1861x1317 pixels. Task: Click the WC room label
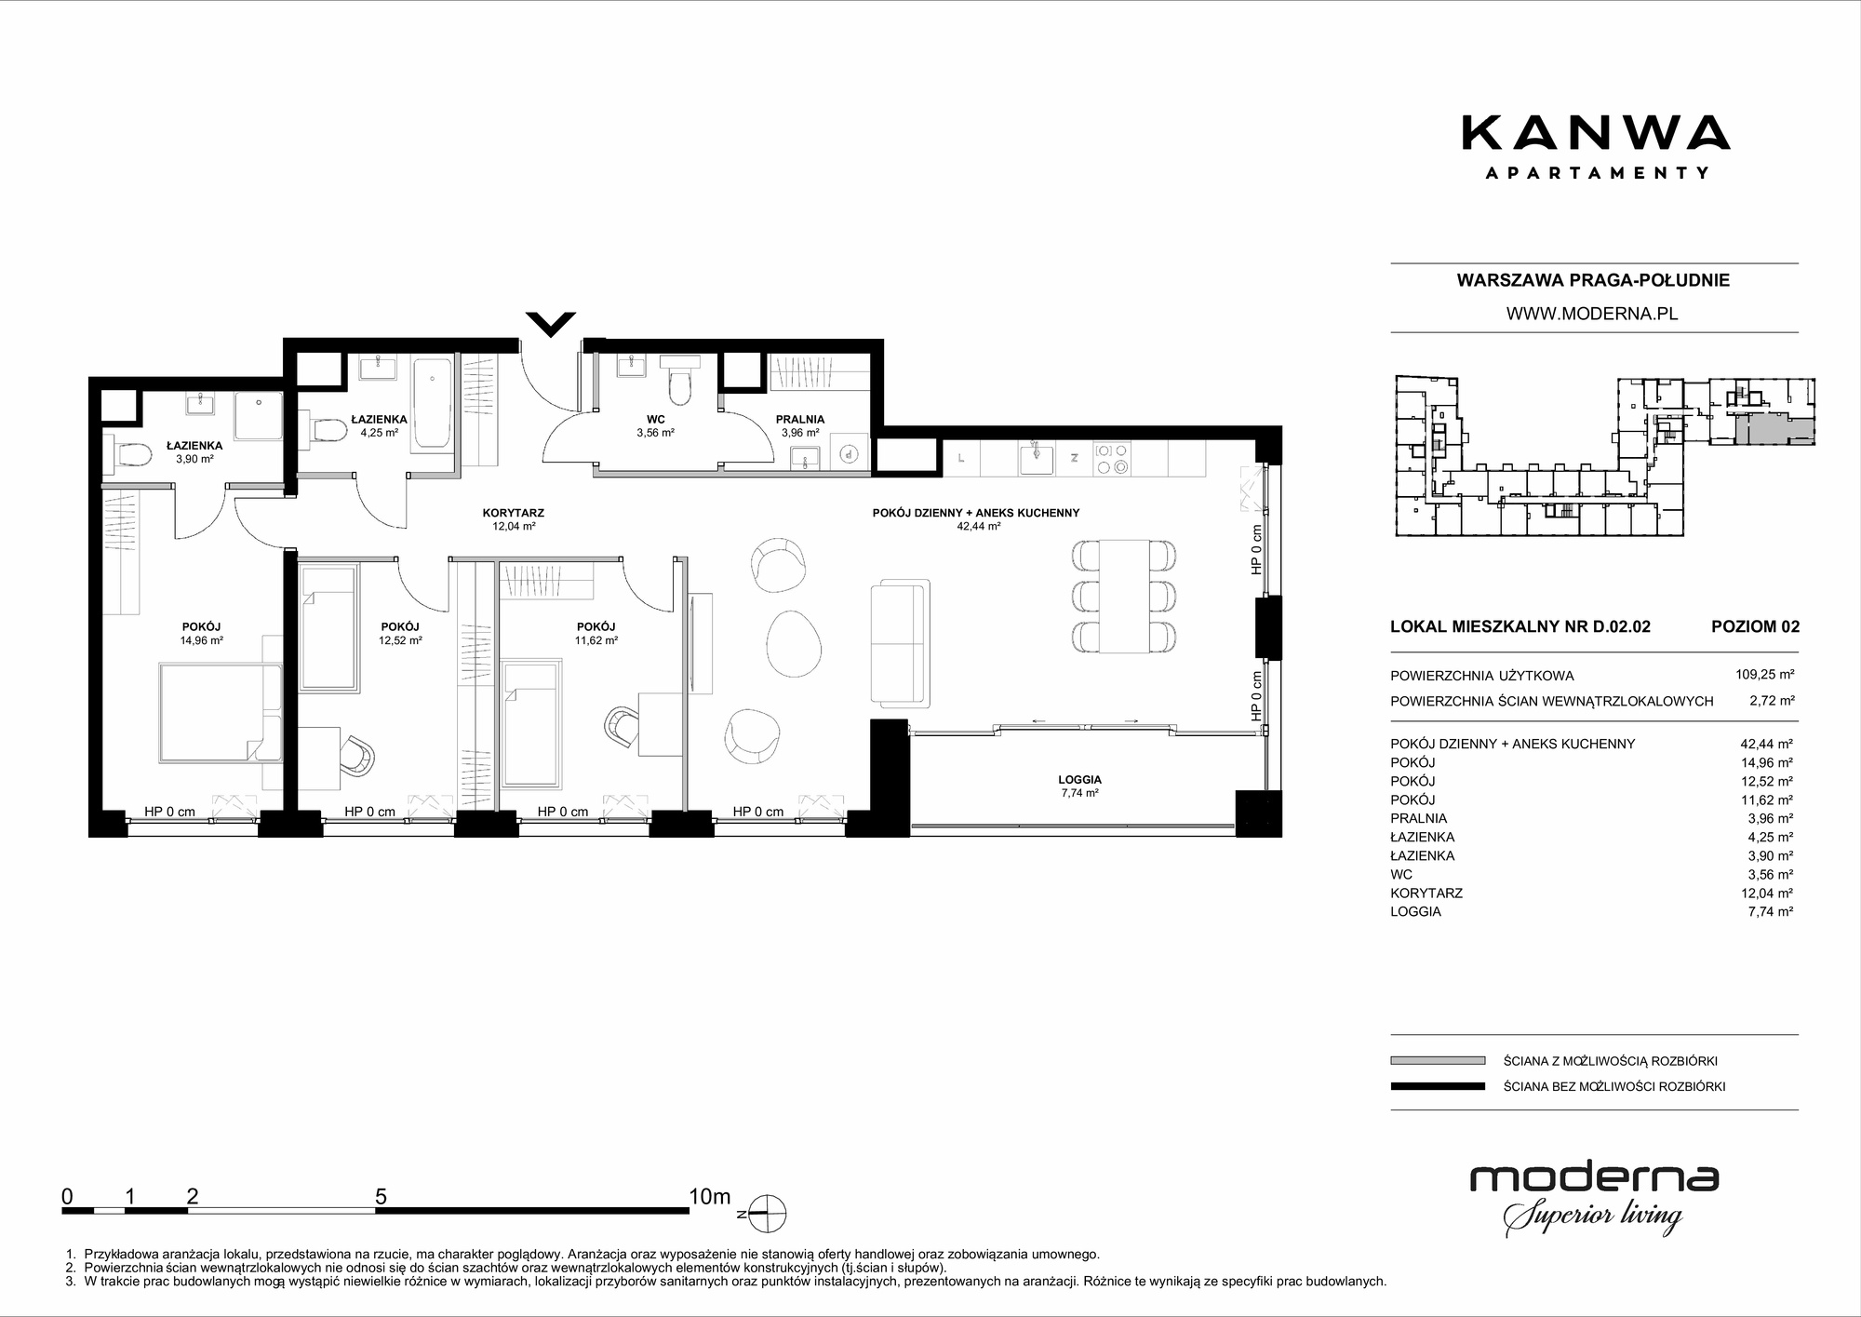coord(655,420)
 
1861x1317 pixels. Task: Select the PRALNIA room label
coord(800,420)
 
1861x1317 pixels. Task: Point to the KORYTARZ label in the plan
coord(514,513)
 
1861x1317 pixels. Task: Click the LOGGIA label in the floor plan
coord(1079,780)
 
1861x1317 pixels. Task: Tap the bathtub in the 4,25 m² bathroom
coord(433,404)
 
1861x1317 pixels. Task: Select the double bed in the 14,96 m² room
coord(219,712)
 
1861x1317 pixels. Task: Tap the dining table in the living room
coord(1123,596)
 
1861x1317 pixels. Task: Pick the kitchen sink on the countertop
coord(1036,457)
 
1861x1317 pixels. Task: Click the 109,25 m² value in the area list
coord(1764,675)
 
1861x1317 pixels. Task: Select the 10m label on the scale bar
coord(710,1196)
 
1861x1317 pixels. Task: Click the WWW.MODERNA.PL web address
coord(1592,314)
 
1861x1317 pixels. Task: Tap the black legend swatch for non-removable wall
coord(1438,1086)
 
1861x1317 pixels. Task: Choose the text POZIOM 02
coord(1755,626)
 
